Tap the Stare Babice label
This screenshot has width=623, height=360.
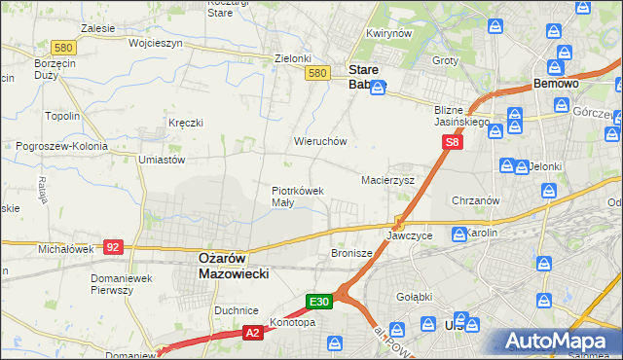click(x=367, y=77)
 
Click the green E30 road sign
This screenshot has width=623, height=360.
click(x=320, y=302)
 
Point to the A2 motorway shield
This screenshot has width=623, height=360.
click(x=252, y=333)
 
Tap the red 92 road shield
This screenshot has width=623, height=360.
click(x=113, y=247)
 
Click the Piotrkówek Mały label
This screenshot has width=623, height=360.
click(x=297, y=197)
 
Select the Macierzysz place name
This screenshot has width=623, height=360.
click(x=388, y=181)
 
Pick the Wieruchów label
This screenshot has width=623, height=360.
click(x=320, y=141)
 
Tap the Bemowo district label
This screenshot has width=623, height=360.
click(x=557, y=85)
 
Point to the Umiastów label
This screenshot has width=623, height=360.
click(x=162, y=159)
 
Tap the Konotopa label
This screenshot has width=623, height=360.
click(x=293, y=323)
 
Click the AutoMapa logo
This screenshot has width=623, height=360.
click(x=558, y=342)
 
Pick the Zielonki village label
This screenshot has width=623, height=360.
click(x=292, y=58)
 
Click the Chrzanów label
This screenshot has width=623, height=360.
click(x=476, y=200)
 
